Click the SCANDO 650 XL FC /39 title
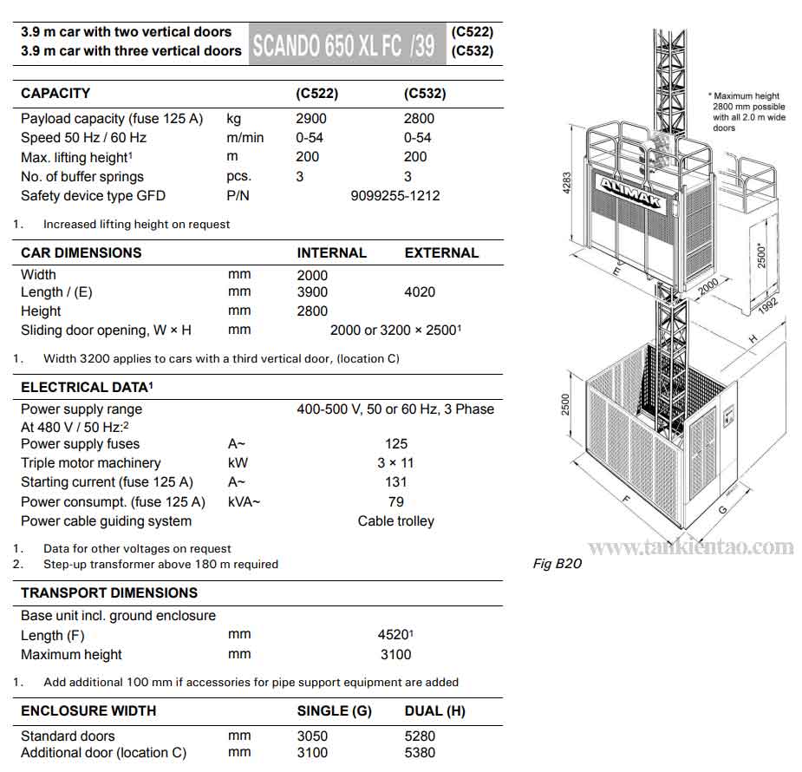point(343,44)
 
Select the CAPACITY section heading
point(55,94)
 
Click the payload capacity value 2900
point(312,119)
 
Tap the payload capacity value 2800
point(420,119)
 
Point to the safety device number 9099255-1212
point(395,196)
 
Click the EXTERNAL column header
point(441,253)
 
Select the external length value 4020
point(420,292)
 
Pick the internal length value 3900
point(312,292)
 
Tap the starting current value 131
point(396,482)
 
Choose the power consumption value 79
point(396,501)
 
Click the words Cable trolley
point(396,521)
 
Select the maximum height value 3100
point(396,655)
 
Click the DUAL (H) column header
point(434,711)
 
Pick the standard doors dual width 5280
point(420,736)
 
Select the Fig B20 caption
point(557,565)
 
